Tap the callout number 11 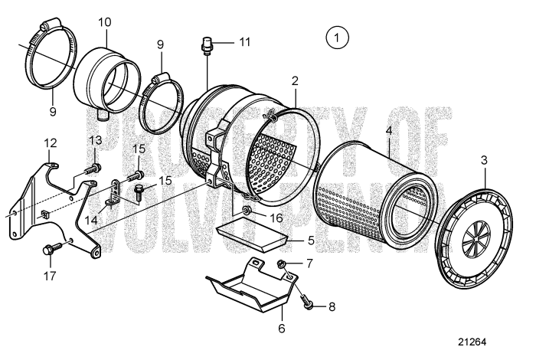[243, 42]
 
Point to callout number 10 [105, 23]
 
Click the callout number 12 [51, 143]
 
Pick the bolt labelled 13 [92, 165]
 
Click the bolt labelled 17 [54, 248]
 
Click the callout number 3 [484, 160]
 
